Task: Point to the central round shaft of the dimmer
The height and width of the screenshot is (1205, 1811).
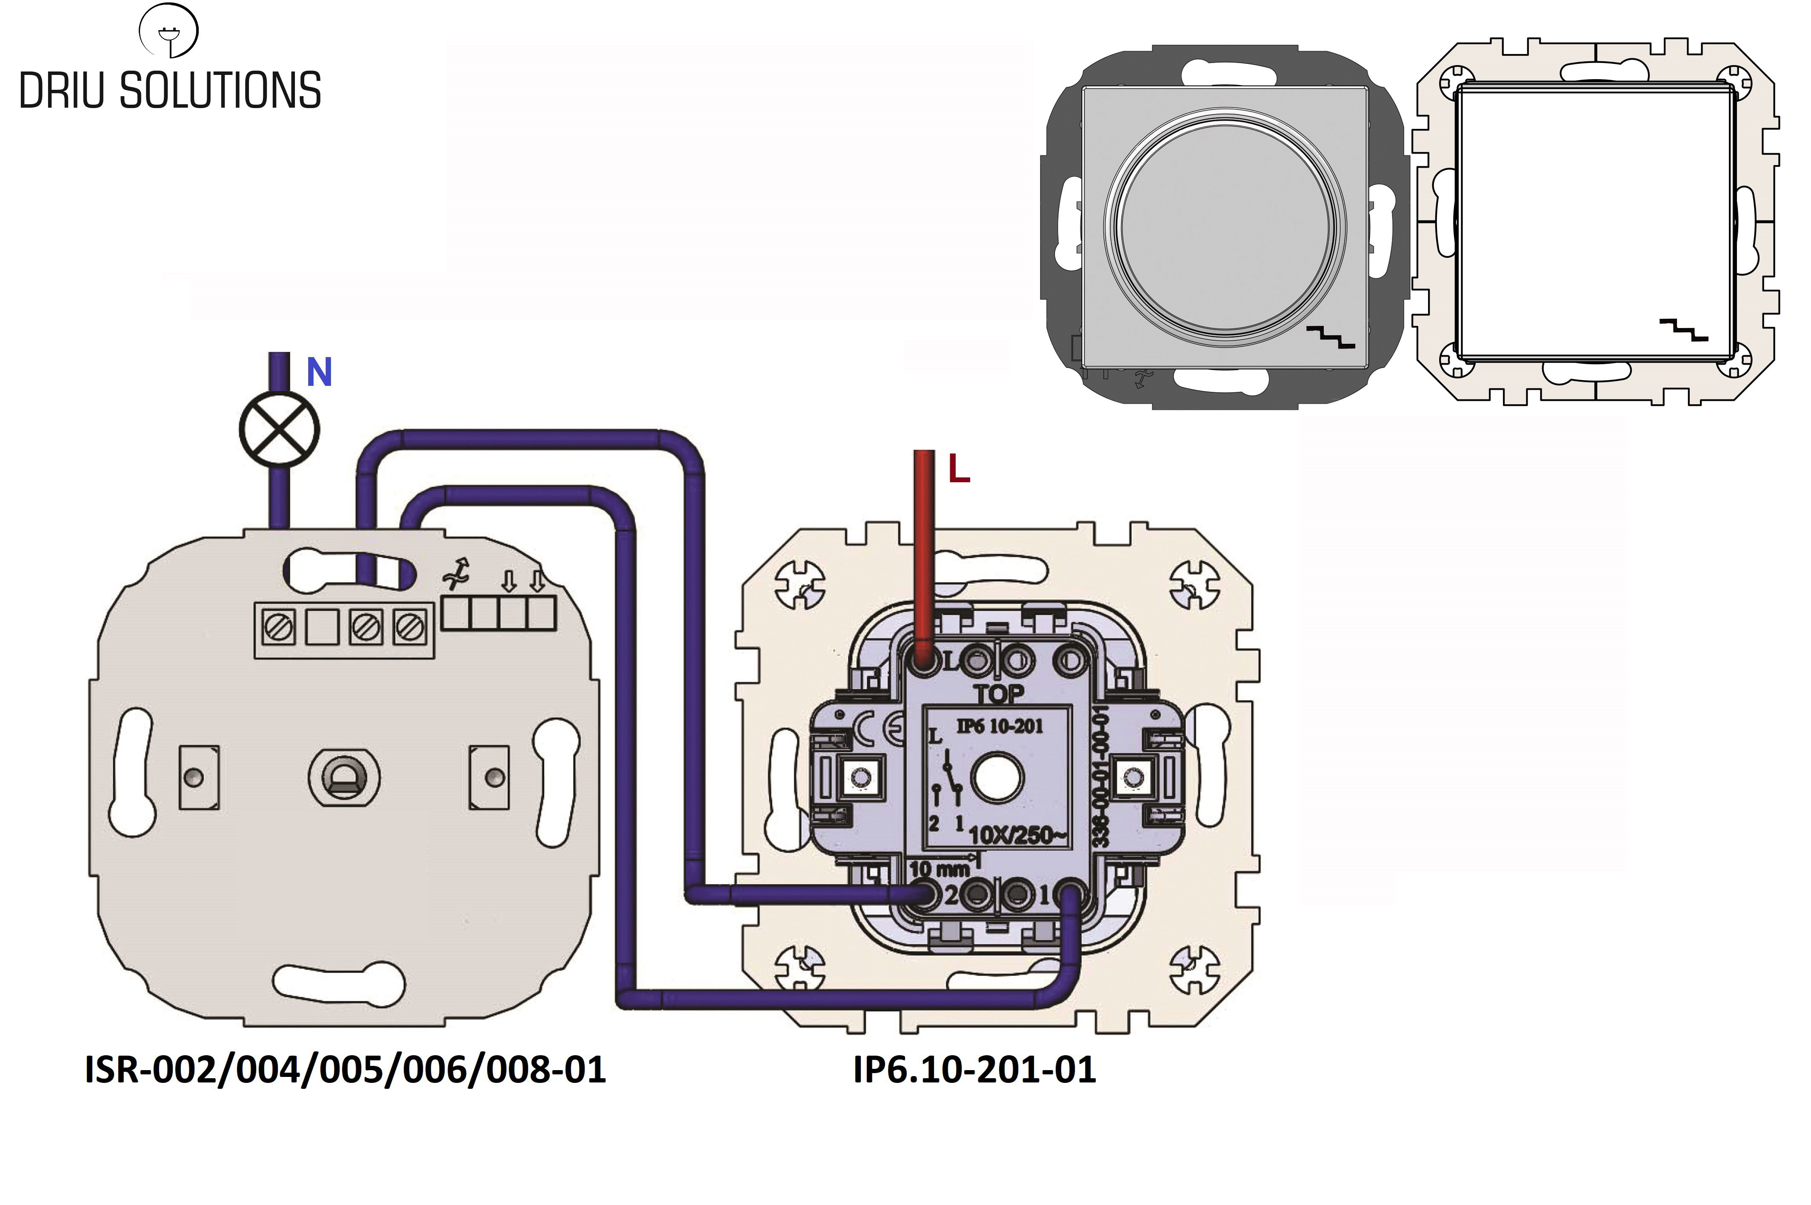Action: tap(343, 778)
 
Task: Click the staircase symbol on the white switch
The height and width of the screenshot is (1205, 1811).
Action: tap(1682, 329)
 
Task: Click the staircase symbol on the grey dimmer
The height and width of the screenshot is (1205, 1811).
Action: tap(1331, 337)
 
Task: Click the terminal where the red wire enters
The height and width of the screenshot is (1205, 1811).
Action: tap(923, 660)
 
